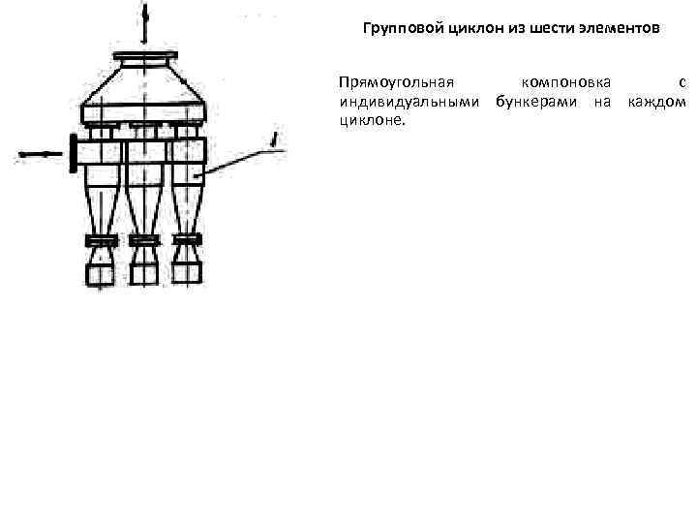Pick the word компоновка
[x=565, y=82]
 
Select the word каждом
[x=656, y=101]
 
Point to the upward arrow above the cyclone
[x=145, y=21]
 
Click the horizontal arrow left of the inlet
[x=34, y=153]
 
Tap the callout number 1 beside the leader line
[x=277, y=142]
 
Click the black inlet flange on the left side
[x=73, y=153]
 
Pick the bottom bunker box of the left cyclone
[x=100, y=274]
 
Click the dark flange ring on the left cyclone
[x=100, y=239]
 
